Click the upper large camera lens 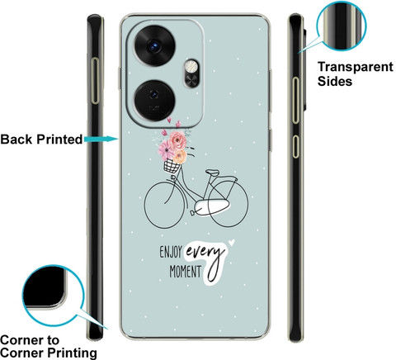(x=154, y=46)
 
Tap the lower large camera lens (x=154, y=101)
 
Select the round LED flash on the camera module (x=191, y=67)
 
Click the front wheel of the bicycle (x=164, y=205)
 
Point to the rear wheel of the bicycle (x=228, y=203)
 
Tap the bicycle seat (x=213, y=173)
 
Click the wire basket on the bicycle (x=172, y=166)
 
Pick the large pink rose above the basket (x=177, y=140)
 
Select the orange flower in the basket (x=181, y=157)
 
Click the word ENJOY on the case (x=171, y=252)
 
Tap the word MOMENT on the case (x=186, y=272)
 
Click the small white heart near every (x=232, y=243)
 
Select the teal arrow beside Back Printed (x=101, y=139)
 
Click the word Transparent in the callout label (x=356, y=67)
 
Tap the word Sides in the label (x=335, y=81)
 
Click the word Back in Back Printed (x=16, y=140)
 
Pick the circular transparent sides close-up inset (x=342, y=26)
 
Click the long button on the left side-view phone (x=95, y=81)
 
